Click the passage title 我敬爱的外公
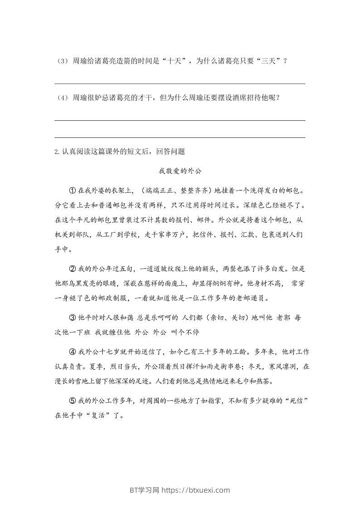pyautogui.click(x=180, y=171)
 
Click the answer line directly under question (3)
pyautogui.click(x=180, y=83)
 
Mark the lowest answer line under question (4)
pyautogui.click(x=180, y=137)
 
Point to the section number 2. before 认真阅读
pyautogui.click(x=57, y=152)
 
